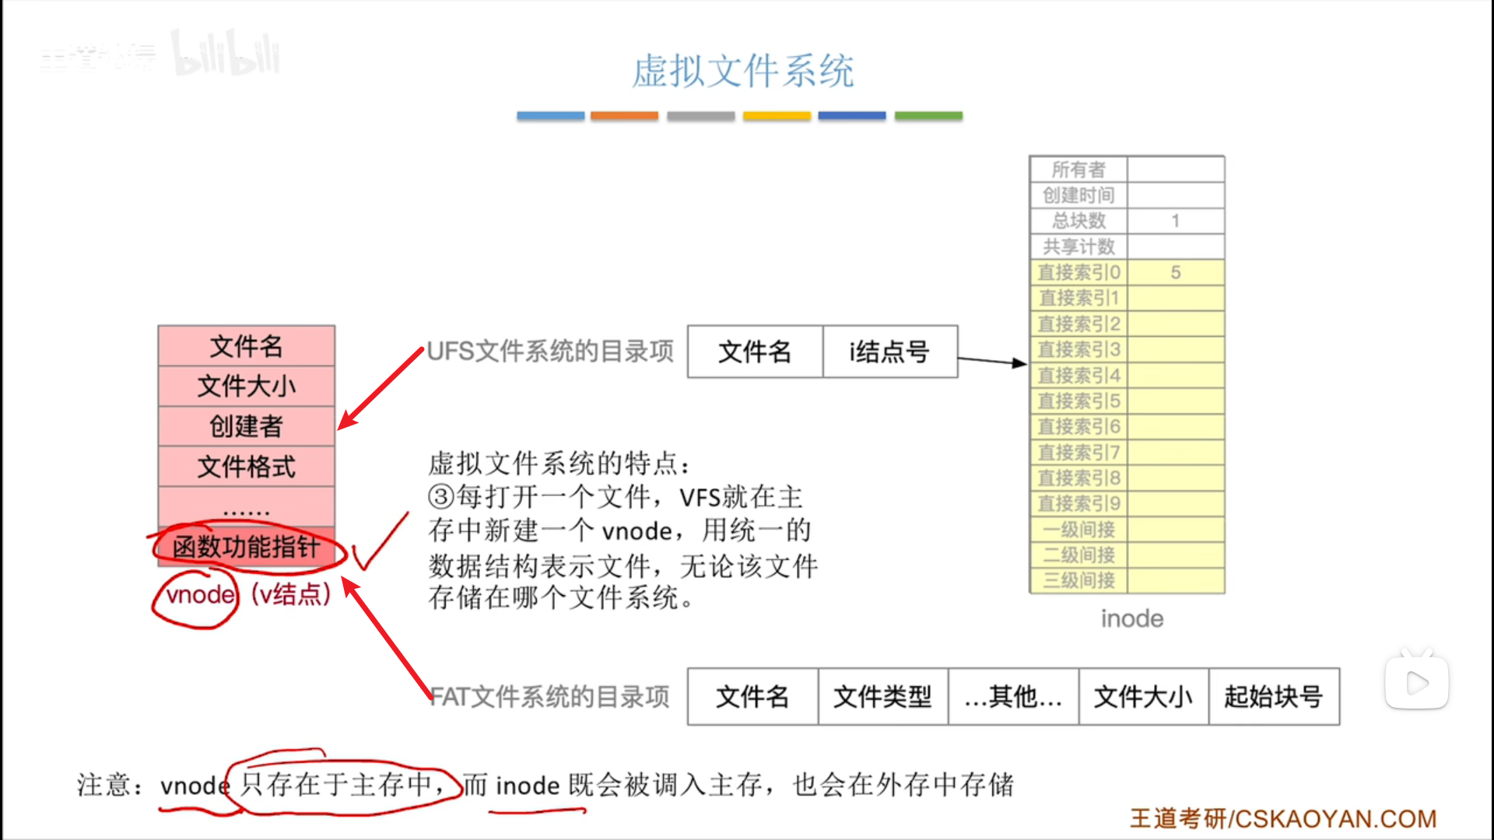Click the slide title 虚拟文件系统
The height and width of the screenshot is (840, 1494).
coord(742,72)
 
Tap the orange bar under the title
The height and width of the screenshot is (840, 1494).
coord(624,116)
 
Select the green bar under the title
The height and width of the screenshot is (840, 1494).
coord(928,116)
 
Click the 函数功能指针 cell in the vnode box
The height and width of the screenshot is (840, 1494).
coord(246,547)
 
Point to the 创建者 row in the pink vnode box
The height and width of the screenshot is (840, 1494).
coord(246,426)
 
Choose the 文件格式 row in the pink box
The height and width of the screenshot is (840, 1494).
coord(246,467)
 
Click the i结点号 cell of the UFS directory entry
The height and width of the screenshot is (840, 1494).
coord(889,352)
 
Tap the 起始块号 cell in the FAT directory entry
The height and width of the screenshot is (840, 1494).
coord(1273,696)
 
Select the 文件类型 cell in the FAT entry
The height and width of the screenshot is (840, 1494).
coord(882,696)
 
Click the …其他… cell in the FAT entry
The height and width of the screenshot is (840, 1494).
coord(1013,696)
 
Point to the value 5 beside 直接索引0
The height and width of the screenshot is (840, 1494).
coord(1176,272)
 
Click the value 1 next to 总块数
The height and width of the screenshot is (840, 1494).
coord(1176,221)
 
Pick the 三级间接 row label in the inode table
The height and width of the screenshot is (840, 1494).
coord(1078,580)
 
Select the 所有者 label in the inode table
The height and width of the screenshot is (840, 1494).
coord(1078,170)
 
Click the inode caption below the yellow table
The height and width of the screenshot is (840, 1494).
coord(1132,619)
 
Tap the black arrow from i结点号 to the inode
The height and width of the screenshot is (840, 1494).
coord(992,361)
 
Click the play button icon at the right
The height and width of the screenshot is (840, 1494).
coord(1417,683)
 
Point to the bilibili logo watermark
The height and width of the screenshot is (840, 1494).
coord(226,54)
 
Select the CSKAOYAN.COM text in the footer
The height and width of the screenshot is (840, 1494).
coord(1335,819)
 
